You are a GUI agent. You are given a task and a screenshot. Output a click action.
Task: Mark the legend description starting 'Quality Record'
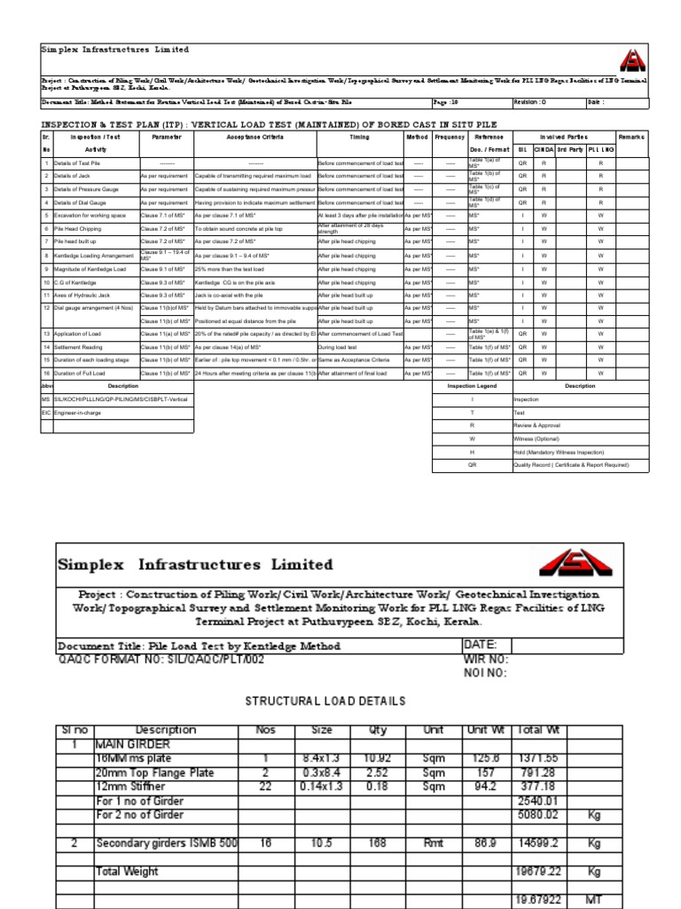570,464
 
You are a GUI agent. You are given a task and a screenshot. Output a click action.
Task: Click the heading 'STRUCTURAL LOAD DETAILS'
325,701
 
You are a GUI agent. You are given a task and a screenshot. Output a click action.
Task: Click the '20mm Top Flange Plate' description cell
154,772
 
